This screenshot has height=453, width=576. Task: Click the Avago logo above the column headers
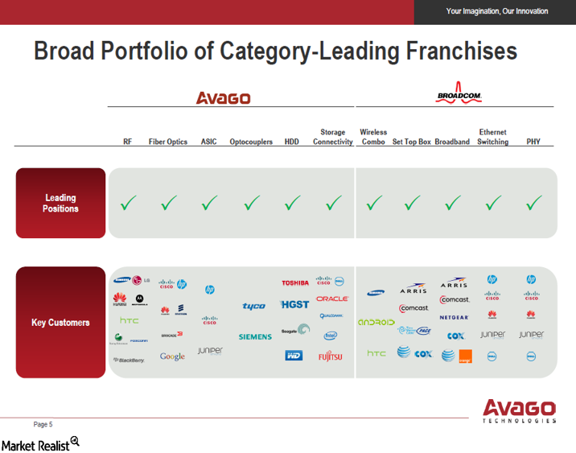(x=223, y=98)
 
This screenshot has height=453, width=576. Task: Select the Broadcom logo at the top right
(x=459, y=94)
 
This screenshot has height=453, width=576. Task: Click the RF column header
(x=127, y=142)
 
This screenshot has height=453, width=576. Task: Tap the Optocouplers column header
(x=251, y=142)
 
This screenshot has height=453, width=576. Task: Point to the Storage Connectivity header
(x=332, y=137)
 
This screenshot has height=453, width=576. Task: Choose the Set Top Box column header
(x=411, y=142)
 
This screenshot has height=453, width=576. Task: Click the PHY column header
(x=533, y=142)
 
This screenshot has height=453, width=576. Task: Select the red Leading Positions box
(x=60, y=203)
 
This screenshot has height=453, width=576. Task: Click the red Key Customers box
(x=60, y=323)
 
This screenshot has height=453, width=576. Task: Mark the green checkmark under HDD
(x=291, y=204)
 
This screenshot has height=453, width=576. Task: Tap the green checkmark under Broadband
(x=452, y=204)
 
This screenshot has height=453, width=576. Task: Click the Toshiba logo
(x=294, y=282)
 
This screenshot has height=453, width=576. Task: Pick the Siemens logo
(x=255, y=336)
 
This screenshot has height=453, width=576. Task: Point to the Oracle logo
(x=331, y=299)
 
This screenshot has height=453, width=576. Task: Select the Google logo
(x=172, y=356)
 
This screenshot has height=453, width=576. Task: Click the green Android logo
(x=376, y=322)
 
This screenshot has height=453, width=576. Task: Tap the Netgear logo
(x=454, y=318)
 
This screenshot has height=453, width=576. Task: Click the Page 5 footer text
(x=43, y=424)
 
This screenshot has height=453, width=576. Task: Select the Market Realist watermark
(x=39, y=443)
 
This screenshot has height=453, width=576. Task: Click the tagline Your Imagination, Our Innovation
(x=496, y=11)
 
